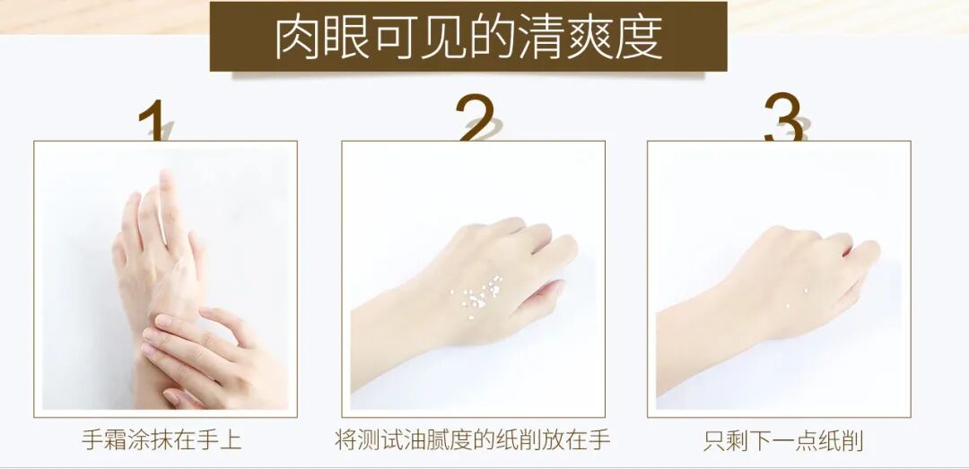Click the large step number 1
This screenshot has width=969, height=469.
(x=152, y=120)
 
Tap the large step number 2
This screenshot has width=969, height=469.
(x=475, y=117)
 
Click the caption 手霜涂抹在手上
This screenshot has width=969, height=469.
(x=161, y=440)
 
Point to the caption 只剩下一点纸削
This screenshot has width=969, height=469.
(x=783, y=440)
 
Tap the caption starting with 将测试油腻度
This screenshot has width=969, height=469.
(x=473, y=440)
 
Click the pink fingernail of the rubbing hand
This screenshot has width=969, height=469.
(x=162, y=321)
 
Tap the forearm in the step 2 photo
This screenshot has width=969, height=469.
(x=396, y=334)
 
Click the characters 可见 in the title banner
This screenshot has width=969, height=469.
(x=420, y=38)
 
